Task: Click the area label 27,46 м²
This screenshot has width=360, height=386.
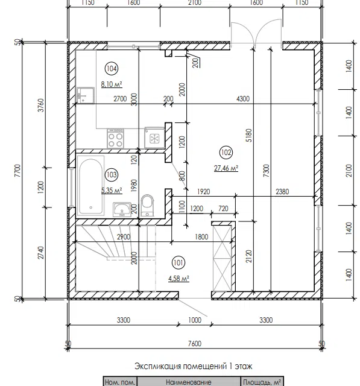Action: click(226, 168)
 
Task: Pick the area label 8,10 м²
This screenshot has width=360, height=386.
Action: click(112, 84)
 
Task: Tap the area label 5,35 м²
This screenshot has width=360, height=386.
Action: click(112, 191)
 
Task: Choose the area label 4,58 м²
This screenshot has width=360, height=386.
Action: click(178, 279)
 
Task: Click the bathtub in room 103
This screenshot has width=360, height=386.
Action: click(90, 185)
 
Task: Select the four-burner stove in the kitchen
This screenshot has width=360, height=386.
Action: click(115, 138)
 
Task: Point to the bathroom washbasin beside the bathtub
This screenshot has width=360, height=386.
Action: click(122, 209)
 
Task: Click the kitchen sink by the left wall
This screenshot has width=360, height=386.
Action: click(85, 95)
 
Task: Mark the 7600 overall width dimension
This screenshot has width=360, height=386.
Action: click(194, 343)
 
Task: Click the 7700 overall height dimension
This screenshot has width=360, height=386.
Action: click(18, 171)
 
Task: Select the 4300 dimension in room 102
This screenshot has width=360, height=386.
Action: click(243, 99)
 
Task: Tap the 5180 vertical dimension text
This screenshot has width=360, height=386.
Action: click(249, 135)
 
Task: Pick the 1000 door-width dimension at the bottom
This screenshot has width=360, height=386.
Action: click(195, 320)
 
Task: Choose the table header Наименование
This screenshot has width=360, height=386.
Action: click(189, 382)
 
